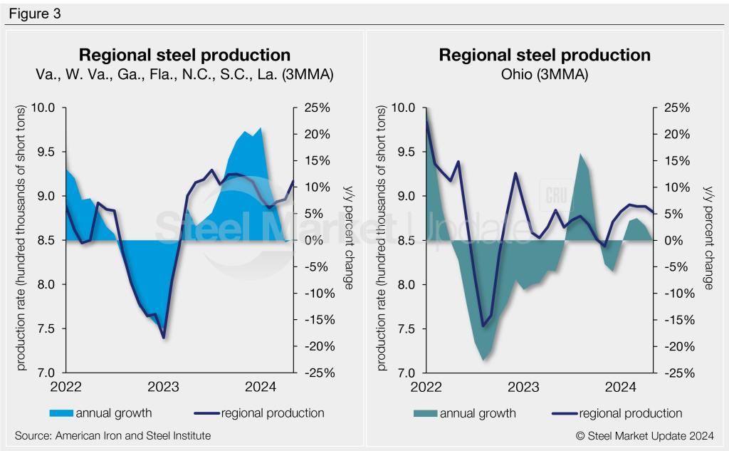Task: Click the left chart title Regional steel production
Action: tap(184, 56)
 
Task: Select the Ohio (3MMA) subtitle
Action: tap(545, 74)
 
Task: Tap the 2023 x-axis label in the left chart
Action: tap(163, 387)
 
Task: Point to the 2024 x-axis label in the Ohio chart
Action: tap(620, 387)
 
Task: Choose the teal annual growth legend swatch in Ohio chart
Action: tap(424, 413)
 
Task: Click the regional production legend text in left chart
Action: tap(273, 413)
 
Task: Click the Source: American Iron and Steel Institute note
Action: tap(112, 435)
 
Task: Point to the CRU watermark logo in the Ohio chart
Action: tap(555, 195)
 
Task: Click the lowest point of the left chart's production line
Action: tap(163, 338)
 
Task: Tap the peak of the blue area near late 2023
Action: tap(261, 128)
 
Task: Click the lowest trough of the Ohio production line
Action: tap(483, 326)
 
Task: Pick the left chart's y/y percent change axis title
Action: tap(349, 241)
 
